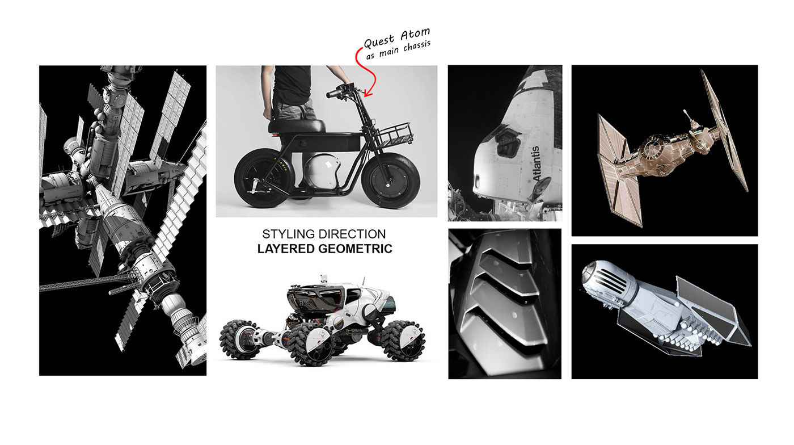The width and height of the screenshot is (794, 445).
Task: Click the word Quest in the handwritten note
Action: [x=379, y=41]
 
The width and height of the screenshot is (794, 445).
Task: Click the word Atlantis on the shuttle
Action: [x=536, y=163]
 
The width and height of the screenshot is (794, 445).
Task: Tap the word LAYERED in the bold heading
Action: [x=282, y=249]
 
